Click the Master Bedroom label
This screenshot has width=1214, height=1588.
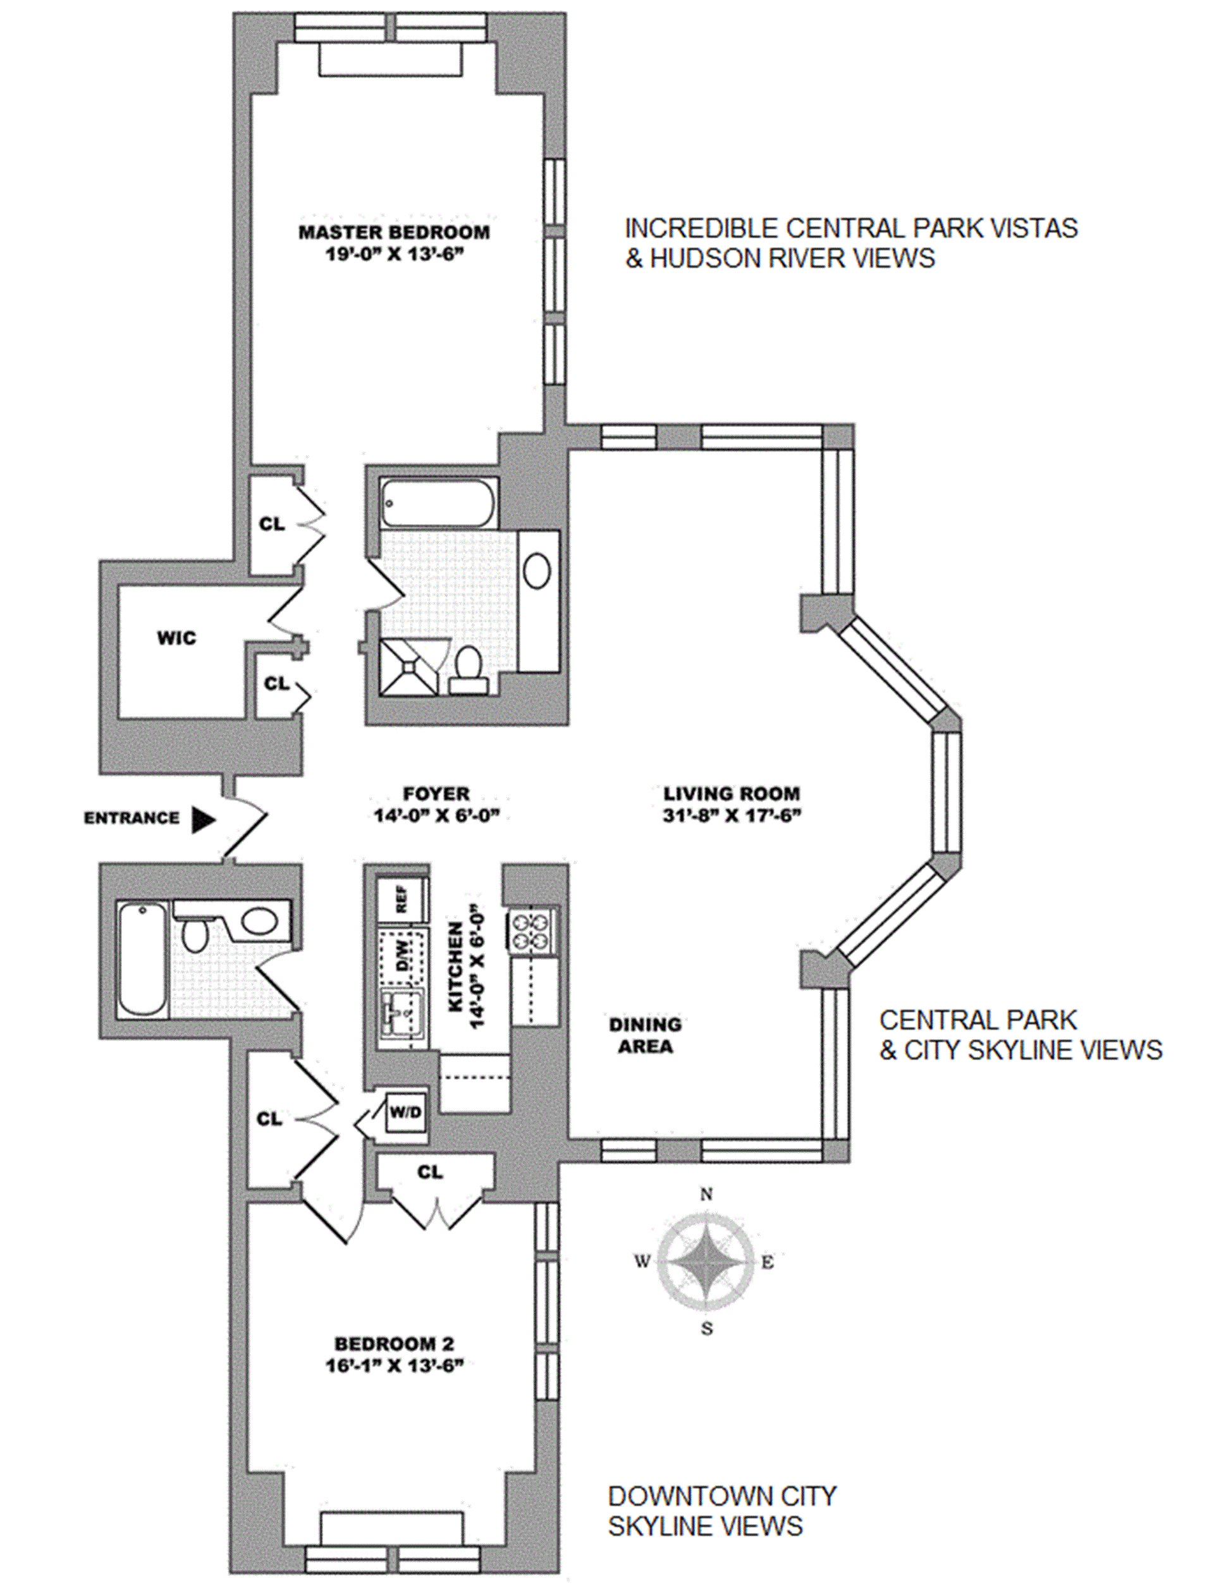coord(394,233)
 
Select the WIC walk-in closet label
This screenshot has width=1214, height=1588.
coord(176,638)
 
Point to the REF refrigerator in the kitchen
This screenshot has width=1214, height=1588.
coord(402,899)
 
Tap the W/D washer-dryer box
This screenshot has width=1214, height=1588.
coord(405,1111)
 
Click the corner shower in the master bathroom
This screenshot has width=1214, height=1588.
coord(409,668)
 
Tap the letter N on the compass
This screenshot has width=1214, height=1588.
coord(706,1194)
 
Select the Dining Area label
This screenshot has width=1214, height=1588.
coord(646,1035)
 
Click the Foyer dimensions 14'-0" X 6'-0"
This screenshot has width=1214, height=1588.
coord(436,815)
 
